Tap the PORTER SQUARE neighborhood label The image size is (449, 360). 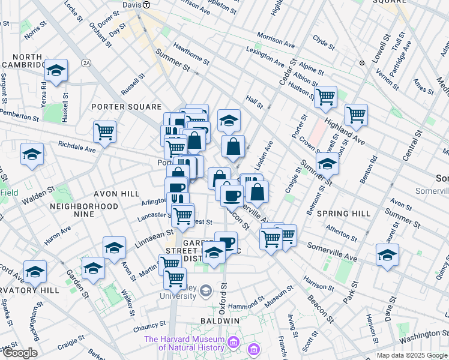(x=119, y=107)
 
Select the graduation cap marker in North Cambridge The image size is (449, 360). (x=56, y=70)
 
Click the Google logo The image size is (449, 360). (x=19, y=353)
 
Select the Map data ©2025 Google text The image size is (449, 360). (x=412, y=355)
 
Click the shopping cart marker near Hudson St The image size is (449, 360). (x=325, y=96)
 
